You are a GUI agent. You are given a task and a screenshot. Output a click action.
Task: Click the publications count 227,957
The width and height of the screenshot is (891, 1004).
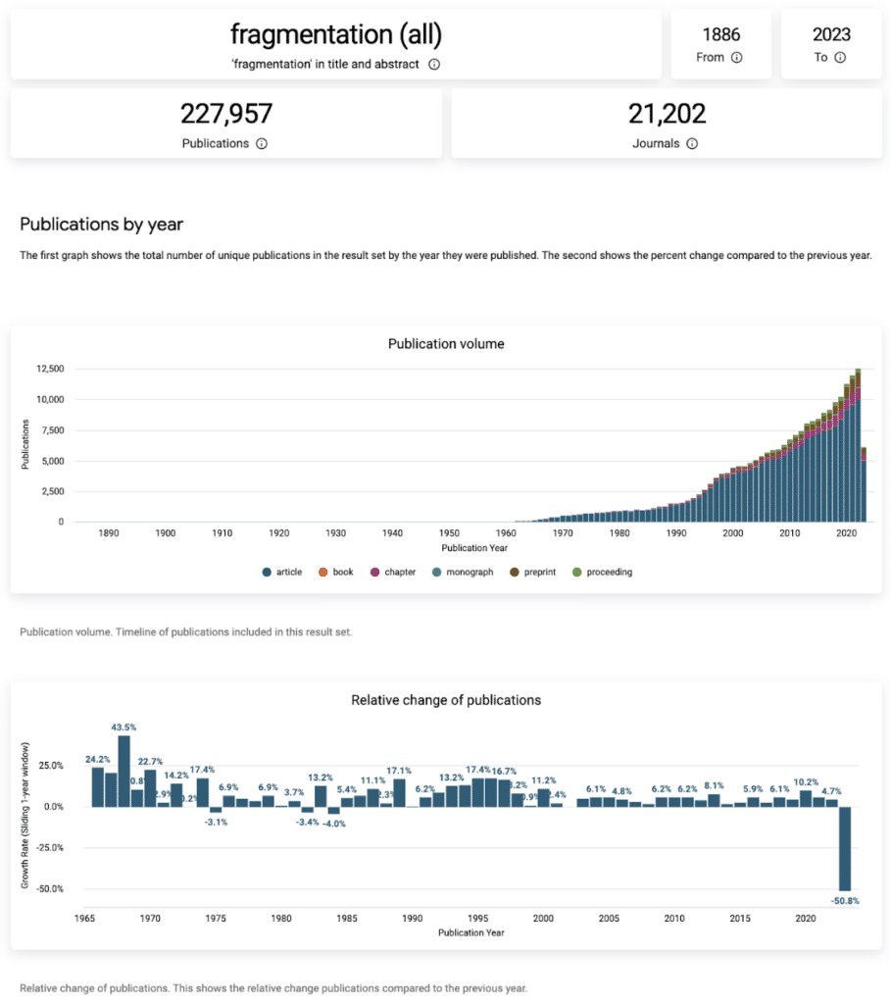(225, 115)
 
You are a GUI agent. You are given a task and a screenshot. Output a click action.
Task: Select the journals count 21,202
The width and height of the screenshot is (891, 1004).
(667, 115)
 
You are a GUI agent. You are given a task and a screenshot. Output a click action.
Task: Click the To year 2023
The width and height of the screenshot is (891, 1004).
(830, 35)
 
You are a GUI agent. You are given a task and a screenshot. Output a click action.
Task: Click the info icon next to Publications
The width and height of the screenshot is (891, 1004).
(262, 143)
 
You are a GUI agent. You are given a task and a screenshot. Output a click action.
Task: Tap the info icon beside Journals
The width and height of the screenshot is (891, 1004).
(692, 143)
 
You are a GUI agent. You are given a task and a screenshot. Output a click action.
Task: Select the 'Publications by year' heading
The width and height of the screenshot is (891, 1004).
(102, 225)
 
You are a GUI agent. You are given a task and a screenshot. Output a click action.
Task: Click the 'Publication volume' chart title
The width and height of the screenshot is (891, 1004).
(446, 344)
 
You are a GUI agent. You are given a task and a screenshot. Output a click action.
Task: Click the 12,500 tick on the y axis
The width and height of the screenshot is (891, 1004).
(50, 370)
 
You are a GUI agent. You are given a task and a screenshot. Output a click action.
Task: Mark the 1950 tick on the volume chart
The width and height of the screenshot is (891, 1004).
(449, 533)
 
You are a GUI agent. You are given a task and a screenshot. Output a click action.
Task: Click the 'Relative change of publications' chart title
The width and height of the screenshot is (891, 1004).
(446, 700)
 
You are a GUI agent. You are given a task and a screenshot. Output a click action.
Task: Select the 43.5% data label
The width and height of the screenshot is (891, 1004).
(124, 728)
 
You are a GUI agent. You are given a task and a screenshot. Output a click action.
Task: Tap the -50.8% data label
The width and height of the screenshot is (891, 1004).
(844, 900)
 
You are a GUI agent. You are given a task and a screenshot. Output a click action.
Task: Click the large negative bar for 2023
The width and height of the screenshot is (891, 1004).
(844, 848)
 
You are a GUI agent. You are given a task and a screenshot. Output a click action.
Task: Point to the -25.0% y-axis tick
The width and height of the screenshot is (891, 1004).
(50, 847)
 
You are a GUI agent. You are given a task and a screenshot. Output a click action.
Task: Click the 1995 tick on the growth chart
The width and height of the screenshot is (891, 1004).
(477, 918)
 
